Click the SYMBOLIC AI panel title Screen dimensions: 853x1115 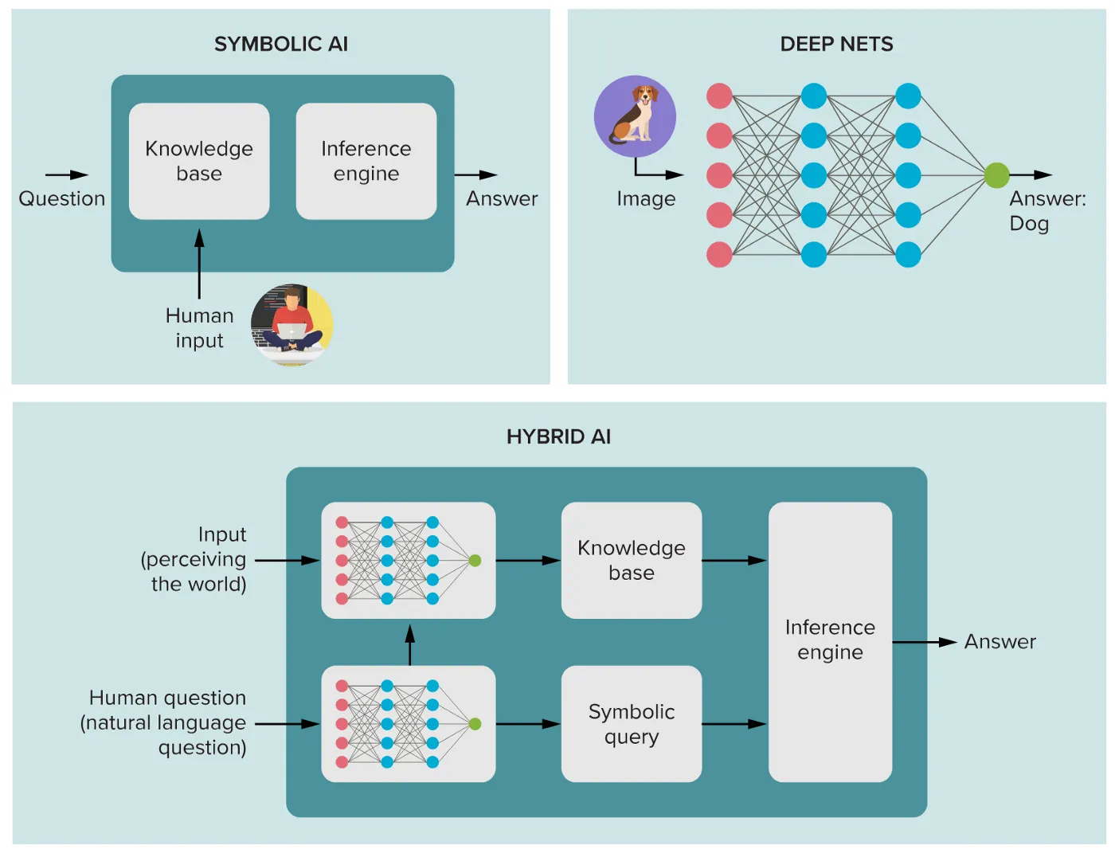280,44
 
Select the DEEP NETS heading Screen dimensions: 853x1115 836,44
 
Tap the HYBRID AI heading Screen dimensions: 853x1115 558,436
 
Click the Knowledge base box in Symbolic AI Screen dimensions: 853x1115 199,161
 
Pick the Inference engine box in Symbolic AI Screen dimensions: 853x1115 366,161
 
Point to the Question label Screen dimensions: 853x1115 62,198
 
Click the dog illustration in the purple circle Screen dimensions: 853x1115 635,116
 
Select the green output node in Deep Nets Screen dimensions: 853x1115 996,175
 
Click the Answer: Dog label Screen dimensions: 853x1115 1047,211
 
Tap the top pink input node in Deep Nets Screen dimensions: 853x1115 719,96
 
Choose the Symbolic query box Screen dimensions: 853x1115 632,724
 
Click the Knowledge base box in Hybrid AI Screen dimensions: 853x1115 632,560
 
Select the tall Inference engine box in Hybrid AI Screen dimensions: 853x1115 830,641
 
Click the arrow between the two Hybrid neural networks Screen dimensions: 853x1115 409,644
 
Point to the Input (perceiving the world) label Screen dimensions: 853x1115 195,559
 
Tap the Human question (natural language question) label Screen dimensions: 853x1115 165,722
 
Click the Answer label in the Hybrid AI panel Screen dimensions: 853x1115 1000,642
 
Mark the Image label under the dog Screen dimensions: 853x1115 646,198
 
